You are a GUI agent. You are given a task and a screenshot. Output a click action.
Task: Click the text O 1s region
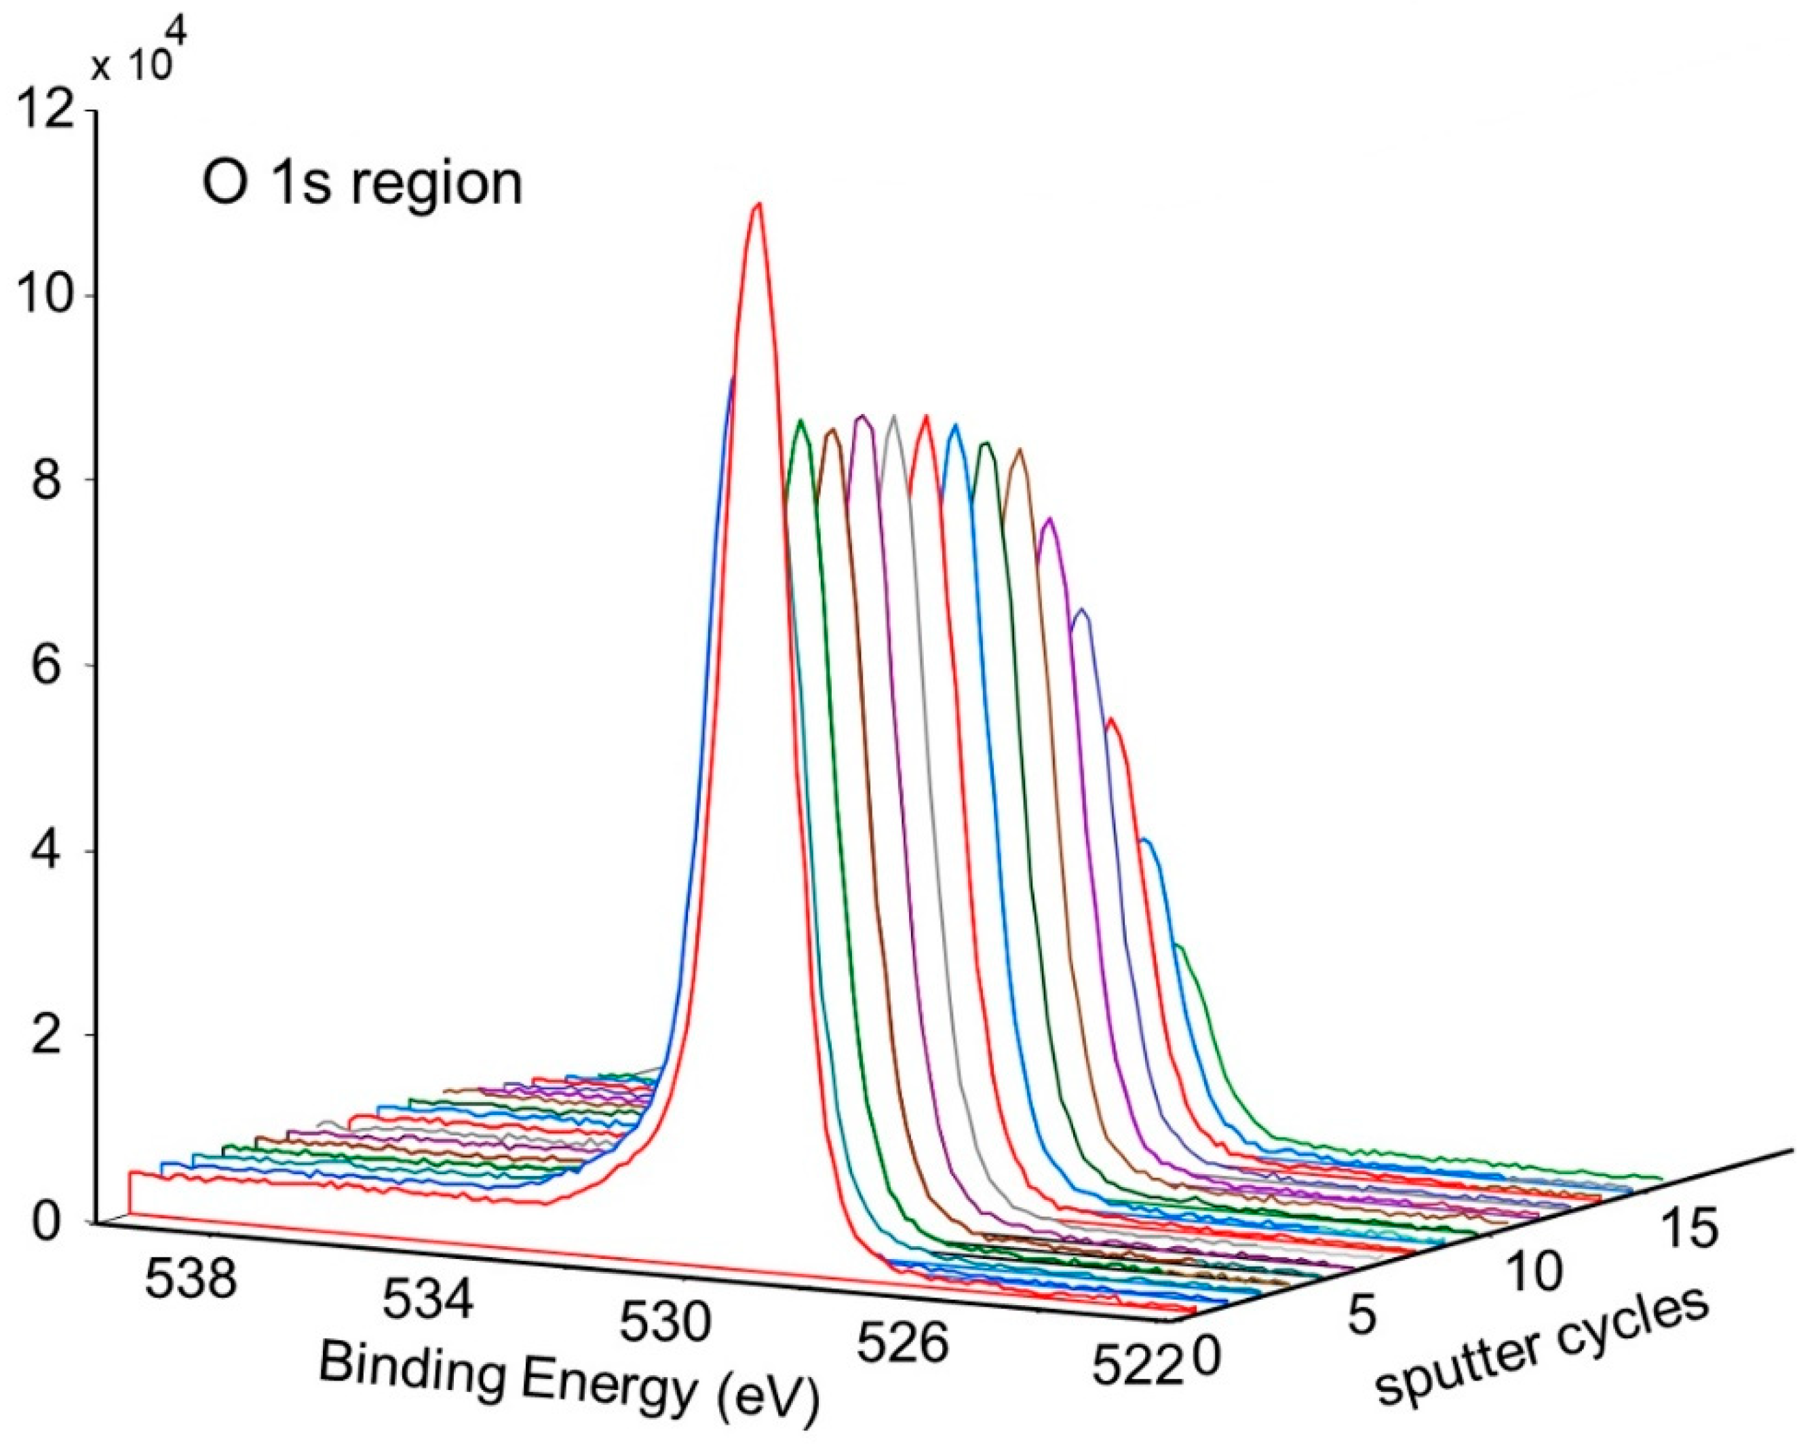(x=363, y=184)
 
